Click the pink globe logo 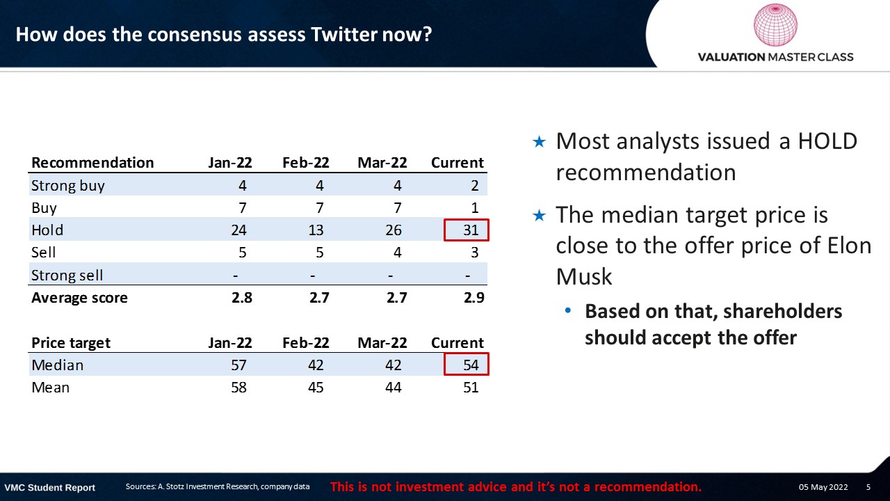pos(775,25)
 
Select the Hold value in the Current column pos(471,230)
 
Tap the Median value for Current pos(471,365)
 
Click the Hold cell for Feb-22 pos(316,230)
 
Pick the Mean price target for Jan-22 pos(238,388)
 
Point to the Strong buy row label pos(68,186)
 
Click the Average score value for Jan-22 pos(241,297)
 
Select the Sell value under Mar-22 pos(397,252)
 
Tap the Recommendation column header pos(92,163)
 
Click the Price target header pos(71,343)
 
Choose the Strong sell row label pos(67,275)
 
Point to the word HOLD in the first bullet pos(827,141)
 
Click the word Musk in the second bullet pos(583,277)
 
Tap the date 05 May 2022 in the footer pos(823,487)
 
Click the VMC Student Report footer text pos(49,488)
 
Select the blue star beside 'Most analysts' pos(539,141)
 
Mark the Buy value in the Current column pos(474,207)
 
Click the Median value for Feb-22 pos(316,365)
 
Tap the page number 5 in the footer pos(868,487)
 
